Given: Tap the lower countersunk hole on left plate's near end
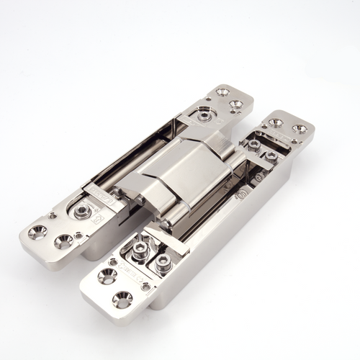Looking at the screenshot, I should point(63,241).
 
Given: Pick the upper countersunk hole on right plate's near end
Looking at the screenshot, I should point(109,275).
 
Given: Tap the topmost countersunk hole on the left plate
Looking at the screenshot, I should point(222,92).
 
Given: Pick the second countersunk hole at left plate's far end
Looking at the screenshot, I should point(235,105).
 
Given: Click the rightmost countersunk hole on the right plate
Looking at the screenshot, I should point(300,129).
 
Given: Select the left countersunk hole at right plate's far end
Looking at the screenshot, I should point(276,123).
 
